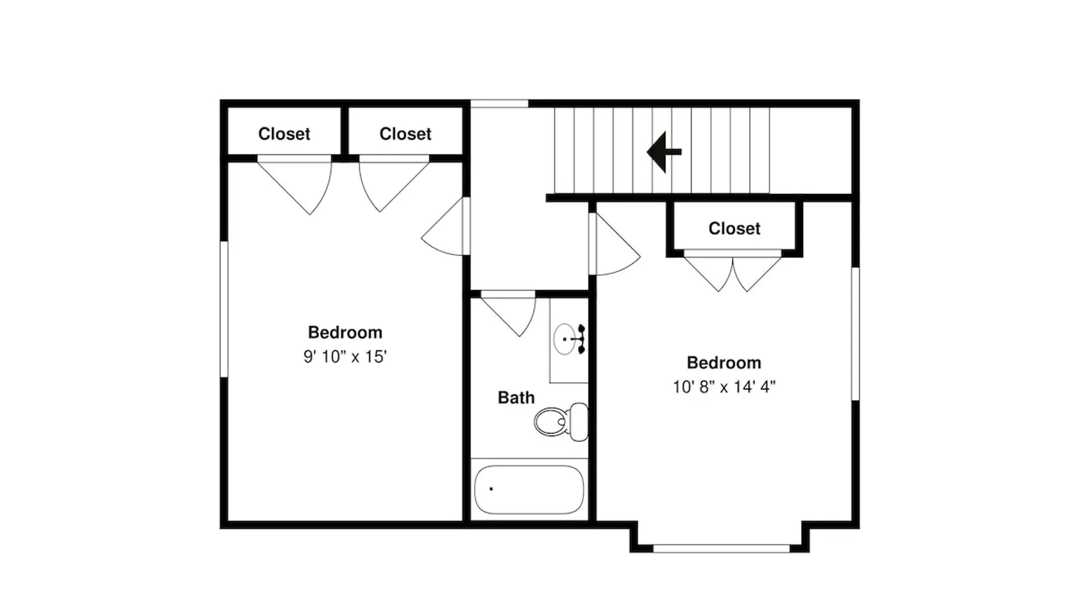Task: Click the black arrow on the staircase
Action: point(664,152)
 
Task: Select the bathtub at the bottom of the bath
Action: point(529,489)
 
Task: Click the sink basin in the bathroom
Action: point(564,339)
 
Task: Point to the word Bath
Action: point(516,398)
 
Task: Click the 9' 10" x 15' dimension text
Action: point(345,357)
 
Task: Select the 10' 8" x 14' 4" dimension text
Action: point(724,387)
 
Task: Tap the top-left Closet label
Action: point(284,134)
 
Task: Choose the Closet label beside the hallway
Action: point(405,134)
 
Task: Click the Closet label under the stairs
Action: point(734,228)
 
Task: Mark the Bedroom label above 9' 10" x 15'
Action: point(345,332)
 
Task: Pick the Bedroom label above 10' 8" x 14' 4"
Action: point(724,363)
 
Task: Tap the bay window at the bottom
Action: point(721,549)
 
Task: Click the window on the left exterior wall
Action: point(224,309)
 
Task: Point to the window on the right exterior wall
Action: point(855,334)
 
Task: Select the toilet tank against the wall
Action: point(579,422)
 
